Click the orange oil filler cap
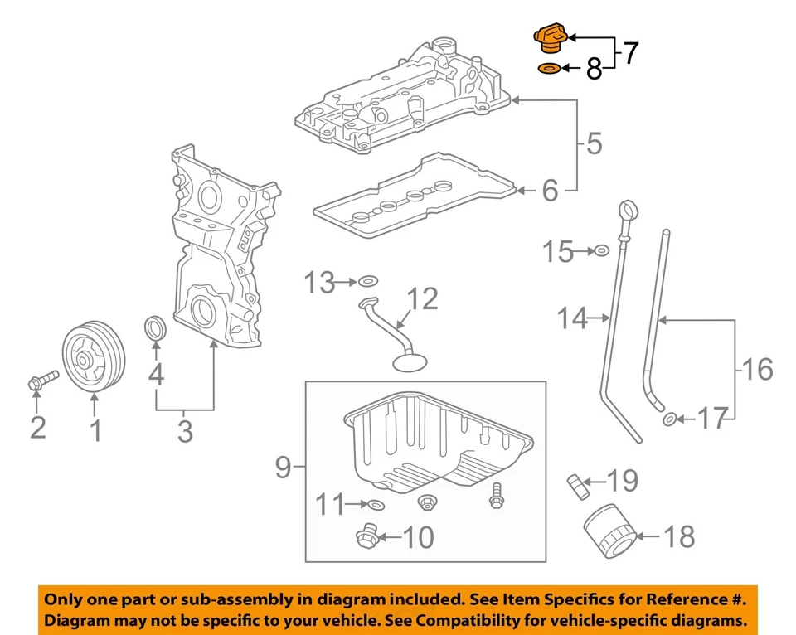(548, 39)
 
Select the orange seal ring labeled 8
(548, 69)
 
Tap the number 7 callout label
(631, 54)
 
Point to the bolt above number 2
(41, 381)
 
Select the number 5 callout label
(594, 144)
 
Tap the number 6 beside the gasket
(550, 191)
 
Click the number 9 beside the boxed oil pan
(284, 469)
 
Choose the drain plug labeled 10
(366, 537)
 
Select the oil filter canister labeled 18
(609, 536)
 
